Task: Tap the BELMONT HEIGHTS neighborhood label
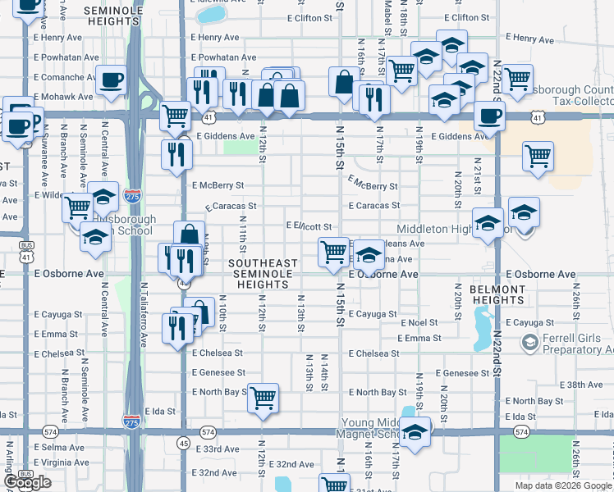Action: (497, 295)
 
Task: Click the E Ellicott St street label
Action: (308, 226)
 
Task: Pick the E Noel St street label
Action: (419, 324)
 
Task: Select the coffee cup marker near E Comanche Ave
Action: (111, 80)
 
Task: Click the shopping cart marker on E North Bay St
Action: (263, 399)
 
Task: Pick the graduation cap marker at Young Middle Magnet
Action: (415, 432)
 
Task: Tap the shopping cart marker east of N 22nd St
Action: (538, 154)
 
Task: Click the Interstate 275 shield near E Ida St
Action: (131, 421)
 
